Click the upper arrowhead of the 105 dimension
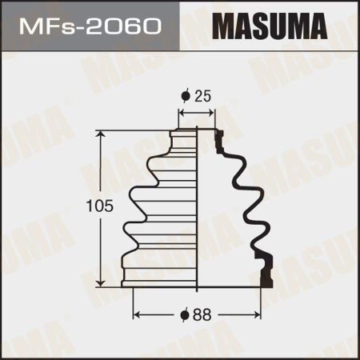pos(101,134)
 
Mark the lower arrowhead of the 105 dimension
pos(101,282)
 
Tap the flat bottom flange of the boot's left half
pos(160,281)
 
